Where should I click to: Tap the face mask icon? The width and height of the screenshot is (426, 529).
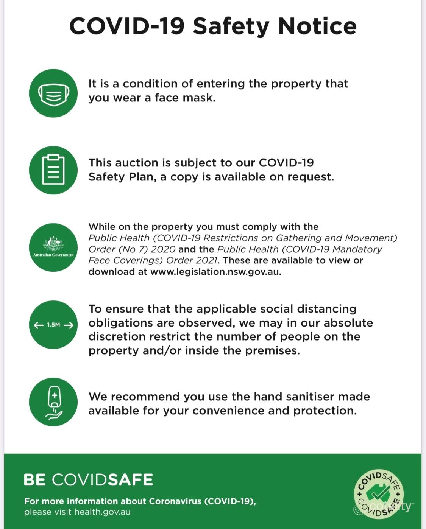click(53, 93)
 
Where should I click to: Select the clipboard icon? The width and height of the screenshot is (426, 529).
click(53, 170)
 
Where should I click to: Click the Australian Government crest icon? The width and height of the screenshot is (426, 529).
click(53, 247)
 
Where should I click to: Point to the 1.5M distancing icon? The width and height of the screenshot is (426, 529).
click(53, 325)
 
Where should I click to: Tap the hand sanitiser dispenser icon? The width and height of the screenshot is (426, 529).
click(53, 402)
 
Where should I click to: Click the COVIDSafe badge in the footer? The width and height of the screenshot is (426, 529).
click(379, 494)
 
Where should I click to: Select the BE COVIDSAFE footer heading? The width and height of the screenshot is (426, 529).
click(88, 479)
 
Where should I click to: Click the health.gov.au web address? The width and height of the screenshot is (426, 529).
click(102, 512)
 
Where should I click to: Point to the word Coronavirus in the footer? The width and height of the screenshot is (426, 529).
click(175, 501)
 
